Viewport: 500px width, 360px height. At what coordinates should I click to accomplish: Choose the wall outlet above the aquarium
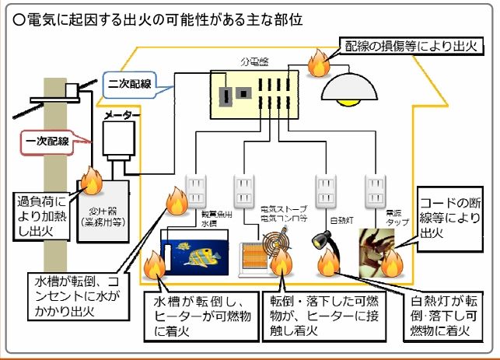(x=194, y=189)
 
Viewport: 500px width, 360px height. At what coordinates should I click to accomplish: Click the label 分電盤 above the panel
(x=255, y=60)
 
